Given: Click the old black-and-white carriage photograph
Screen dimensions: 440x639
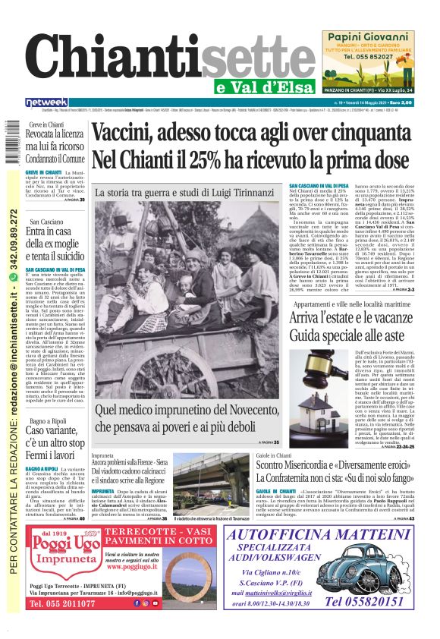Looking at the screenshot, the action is click(x=190, y=296).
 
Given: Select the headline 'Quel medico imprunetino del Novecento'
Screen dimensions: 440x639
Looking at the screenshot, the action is click(x=190, y=412).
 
